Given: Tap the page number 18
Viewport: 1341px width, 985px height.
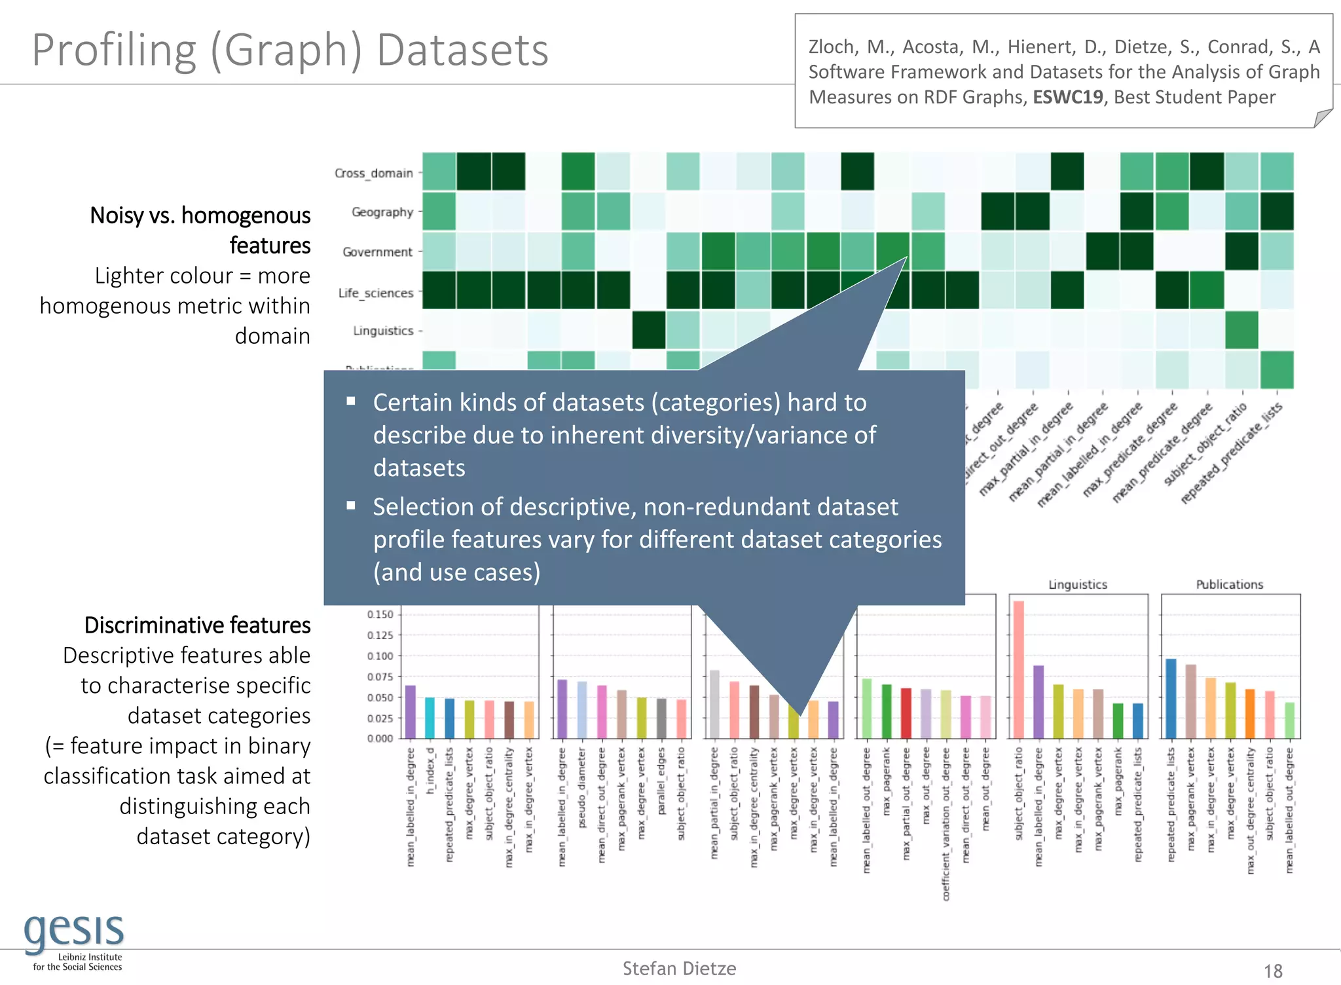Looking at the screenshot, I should pyautogui.click(x=1272, y=971).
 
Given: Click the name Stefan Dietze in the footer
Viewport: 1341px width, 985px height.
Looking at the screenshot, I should pyautogui.click(x=679, y=969).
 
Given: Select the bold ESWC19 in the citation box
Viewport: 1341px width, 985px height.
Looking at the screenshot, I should pyautogui.click(x=1068, y=97).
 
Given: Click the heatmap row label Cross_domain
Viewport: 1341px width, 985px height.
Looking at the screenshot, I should pyautogui.click(x=374, y=173).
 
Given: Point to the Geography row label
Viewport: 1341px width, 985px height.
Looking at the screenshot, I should pyautogui.click(x=382, y=212).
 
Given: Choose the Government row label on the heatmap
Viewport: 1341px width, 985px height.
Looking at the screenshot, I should pyautogui.click(x=378, y=252).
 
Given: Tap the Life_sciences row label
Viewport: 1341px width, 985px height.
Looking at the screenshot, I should pyautogui.click(x=376, y=293).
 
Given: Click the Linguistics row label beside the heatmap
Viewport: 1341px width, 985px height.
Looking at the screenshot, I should pyautogui.click(x=383, y=331).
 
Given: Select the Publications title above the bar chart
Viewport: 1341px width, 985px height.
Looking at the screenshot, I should pyautogui.click(x=1229, y=584).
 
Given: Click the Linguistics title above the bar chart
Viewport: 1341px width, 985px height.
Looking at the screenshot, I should pyautogui.click(x=1078, y=584).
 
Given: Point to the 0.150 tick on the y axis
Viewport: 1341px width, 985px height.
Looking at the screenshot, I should pyautogui.click(x=380, y=614).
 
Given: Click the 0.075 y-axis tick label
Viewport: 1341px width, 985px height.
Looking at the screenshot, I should pyautogui.click(x=380, y=677).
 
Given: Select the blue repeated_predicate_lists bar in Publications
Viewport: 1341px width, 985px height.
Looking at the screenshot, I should pyautogui.click(x=1171, y=698).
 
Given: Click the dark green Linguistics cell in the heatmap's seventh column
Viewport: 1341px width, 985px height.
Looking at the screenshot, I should pyautogui.click(x=649, y=330).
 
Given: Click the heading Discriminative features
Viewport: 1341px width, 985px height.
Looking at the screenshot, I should pyautogui.click(x=197, y=625).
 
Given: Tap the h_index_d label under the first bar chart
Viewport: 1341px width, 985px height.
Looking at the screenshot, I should pyautogui.click(x=430, y=771).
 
